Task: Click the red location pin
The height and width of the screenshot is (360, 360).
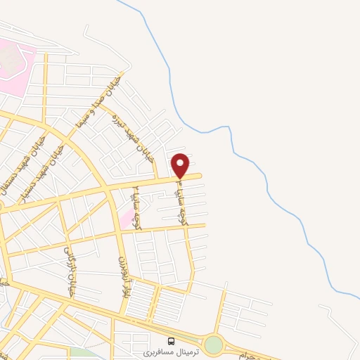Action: (181, 165)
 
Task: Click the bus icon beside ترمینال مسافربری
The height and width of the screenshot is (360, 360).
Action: (172, 341)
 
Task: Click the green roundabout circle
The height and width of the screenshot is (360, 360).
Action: (213, 345)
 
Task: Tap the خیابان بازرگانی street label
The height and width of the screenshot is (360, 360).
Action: (70, 271)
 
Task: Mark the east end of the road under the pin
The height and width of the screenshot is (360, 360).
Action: (200, 176)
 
